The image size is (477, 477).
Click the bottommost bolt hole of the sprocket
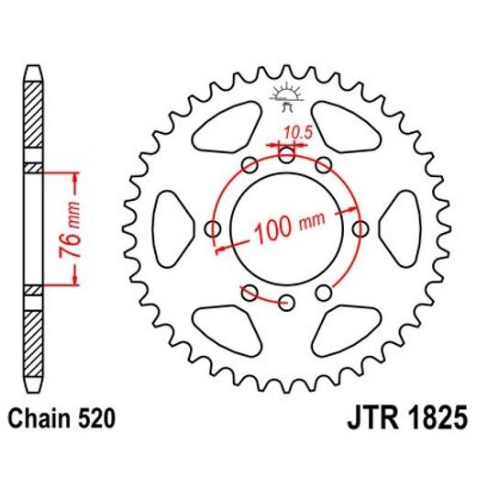(x=287, y=302)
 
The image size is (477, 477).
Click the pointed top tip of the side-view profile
(x=33, y=67)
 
